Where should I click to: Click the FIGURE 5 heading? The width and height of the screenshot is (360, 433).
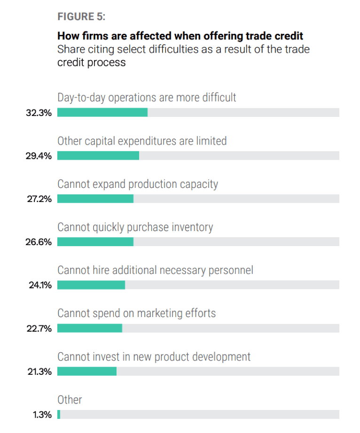81,17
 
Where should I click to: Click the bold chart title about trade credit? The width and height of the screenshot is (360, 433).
180,36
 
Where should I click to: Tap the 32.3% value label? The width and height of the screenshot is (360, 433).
39,113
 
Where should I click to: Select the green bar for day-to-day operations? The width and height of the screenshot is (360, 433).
102,113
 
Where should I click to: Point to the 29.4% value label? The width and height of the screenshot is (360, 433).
39,156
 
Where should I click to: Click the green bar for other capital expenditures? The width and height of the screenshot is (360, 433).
98,156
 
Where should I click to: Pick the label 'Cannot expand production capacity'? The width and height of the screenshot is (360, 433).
138,184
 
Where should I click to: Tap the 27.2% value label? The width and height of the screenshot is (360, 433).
39,199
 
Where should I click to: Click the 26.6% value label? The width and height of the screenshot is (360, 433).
39,242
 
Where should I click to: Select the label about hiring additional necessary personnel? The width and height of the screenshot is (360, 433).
155,270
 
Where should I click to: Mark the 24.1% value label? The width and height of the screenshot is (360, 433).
39,286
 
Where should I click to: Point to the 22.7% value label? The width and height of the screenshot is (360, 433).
39,329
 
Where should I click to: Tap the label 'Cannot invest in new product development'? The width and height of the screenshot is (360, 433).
154,356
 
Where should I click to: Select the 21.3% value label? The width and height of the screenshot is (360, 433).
39,372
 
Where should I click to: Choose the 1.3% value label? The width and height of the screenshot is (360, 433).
42,415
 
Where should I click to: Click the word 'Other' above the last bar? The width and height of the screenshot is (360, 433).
70,400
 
